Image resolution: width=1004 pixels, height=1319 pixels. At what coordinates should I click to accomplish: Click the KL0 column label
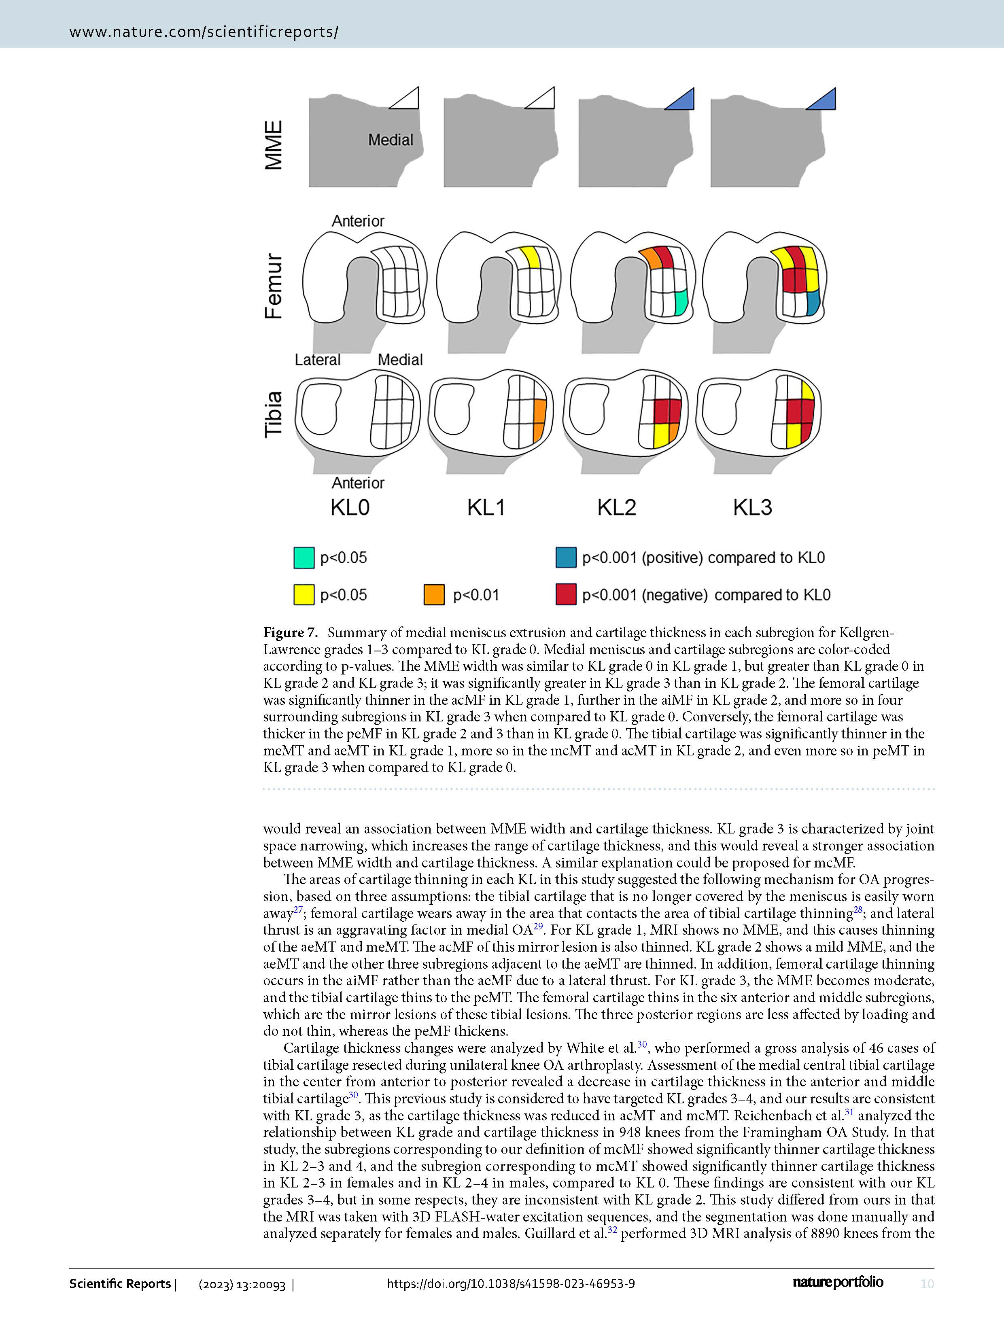(x=350, y=508)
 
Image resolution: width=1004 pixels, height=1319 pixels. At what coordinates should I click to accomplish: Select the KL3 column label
(x=752, y=508)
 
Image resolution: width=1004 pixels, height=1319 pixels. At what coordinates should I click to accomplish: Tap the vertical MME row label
(x=274, y=145)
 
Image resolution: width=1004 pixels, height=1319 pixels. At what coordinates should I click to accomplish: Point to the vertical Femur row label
(x=274, y=286)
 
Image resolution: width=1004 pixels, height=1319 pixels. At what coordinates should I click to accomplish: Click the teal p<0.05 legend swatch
(x=304, y=558)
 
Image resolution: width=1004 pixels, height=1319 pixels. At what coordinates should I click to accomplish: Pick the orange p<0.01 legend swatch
(x=434, y=595)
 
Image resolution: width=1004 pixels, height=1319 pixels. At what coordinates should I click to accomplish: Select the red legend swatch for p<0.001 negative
(x=566, y=595)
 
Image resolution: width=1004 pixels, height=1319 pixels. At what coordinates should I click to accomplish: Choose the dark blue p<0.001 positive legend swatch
(x=566, y=558)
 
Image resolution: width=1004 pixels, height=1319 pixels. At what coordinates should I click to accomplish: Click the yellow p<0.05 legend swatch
(x=304, y=595)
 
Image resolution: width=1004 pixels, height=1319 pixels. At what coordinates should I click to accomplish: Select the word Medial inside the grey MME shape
(x=390, y=140)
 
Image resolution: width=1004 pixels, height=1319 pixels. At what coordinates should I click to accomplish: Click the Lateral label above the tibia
(x=317, y=360)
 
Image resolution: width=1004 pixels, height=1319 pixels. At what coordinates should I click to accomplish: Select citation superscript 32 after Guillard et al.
(x=613, y=1230)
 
